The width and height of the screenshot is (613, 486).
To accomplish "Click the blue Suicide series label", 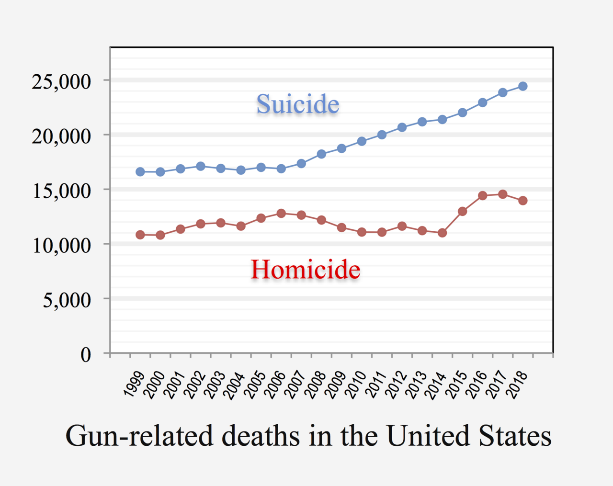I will [x=297, y=104].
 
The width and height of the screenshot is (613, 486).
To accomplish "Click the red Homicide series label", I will [x=305, y=269].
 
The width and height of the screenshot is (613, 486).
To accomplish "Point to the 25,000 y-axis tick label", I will [x=61, y=81].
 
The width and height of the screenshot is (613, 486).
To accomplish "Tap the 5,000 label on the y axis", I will [x=67, y=300].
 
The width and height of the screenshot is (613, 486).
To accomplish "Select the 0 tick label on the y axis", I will [x=86, y=355].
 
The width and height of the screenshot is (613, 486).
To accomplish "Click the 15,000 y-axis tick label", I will [x=61, y=191].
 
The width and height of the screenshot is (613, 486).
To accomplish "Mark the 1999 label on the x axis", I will [x=134, y=384].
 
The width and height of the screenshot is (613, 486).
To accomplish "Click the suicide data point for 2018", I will [x=523, y=86].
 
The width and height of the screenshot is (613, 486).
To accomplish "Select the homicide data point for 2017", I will [x=503, y=194].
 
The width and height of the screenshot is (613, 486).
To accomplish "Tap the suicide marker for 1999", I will [x=140, y=172].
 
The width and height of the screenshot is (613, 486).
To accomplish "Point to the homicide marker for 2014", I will [x=443, y=233].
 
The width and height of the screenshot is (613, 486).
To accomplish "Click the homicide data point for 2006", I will [x=281, y=214].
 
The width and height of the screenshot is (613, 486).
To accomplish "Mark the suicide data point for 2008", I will [x=321, y=154].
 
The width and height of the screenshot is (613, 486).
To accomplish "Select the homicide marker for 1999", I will [x=140, y=235].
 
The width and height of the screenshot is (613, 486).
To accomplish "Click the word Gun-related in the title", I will [x=139, y=436].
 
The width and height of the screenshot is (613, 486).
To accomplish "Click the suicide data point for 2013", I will [x=422, y=122].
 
